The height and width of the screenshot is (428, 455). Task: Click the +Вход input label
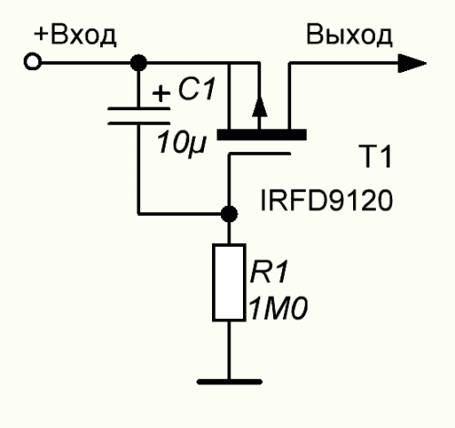point(75,36)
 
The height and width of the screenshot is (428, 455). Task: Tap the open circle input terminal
point(32,62)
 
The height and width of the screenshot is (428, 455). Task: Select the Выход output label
point(349,36)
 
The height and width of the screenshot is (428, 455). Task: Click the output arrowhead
point(412,63)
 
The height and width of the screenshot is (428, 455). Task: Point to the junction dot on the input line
point(138,63)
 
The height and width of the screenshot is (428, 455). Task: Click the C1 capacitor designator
point(197,89)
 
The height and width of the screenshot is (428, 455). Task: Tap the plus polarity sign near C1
point(161,93)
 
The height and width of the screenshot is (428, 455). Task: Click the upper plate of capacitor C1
point(139,108)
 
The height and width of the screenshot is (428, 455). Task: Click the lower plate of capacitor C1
point(139,123)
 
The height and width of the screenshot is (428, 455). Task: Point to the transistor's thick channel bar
point(261,135)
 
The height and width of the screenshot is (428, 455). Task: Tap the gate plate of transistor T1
point(259,154)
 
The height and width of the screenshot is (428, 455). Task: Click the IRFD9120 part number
point(327,200)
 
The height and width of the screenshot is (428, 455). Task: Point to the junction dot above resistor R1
point(229,214)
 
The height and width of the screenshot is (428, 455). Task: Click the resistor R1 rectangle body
point(229,282)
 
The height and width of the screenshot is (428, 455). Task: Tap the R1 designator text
point(268,271)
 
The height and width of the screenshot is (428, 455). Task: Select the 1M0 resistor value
point(278,309)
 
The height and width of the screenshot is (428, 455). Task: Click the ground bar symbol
point(229,382)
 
